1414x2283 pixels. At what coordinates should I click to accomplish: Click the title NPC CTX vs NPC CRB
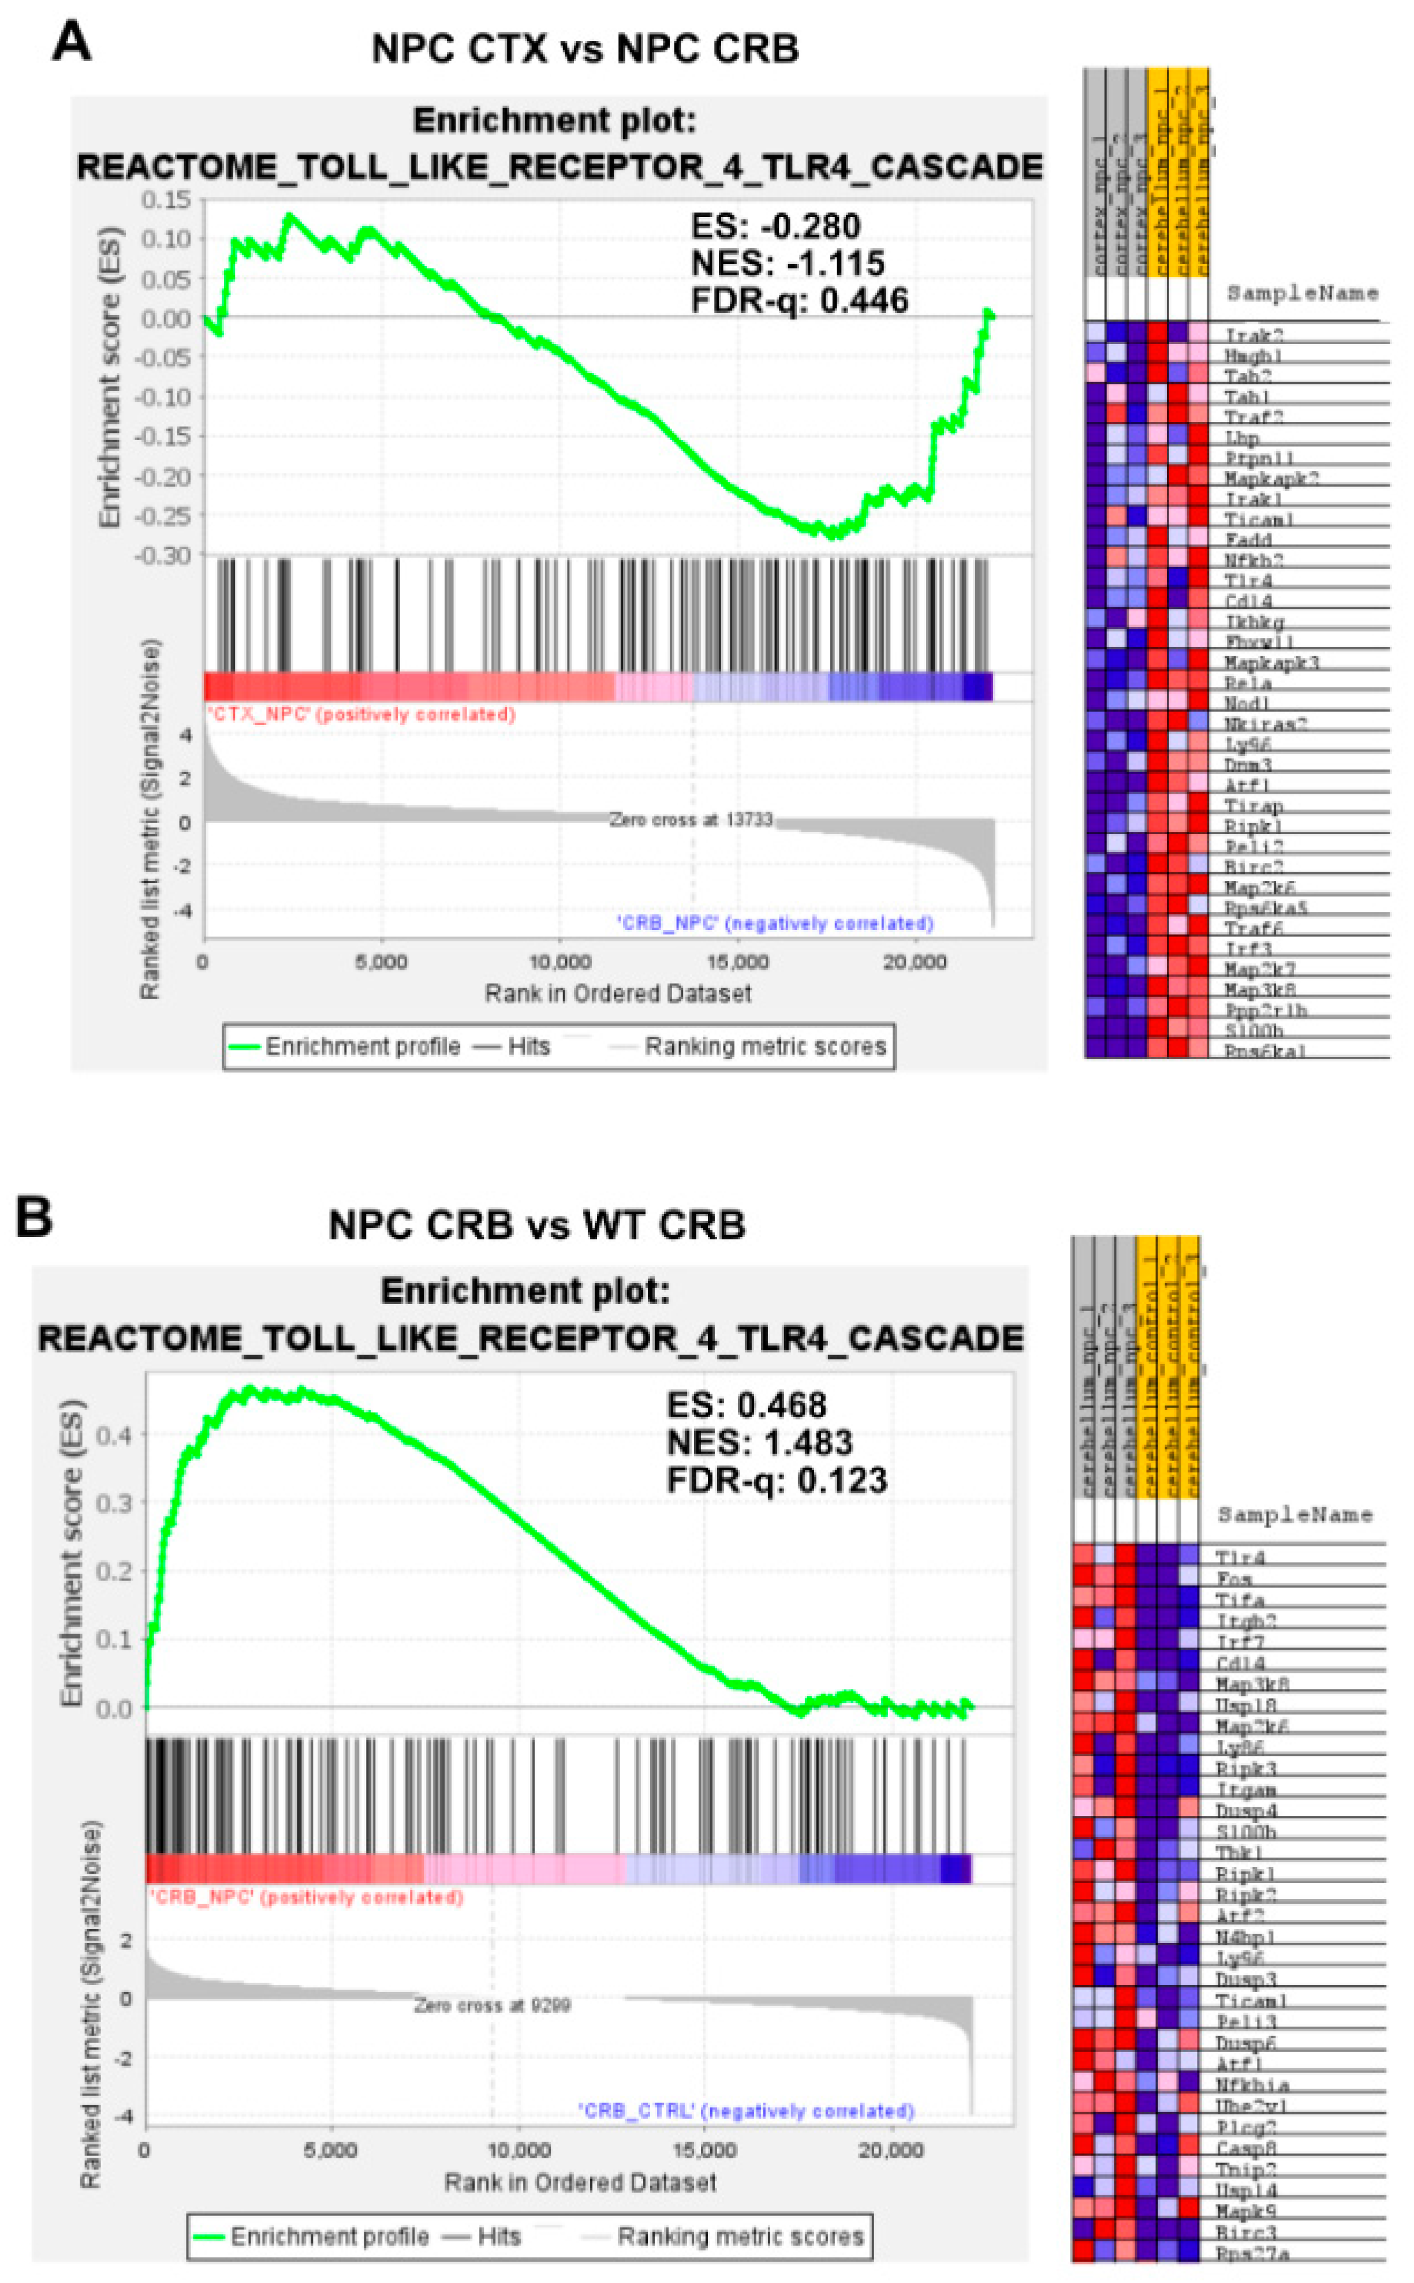tap(584, 48)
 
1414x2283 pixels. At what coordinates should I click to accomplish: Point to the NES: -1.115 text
tap(788, 264)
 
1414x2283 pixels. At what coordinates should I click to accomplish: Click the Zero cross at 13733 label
tap(690, 820)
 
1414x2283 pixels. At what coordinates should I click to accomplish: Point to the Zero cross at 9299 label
tap(492, 2005)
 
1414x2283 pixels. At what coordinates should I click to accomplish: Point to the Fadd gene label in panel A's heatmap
tap(1248, 539)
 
